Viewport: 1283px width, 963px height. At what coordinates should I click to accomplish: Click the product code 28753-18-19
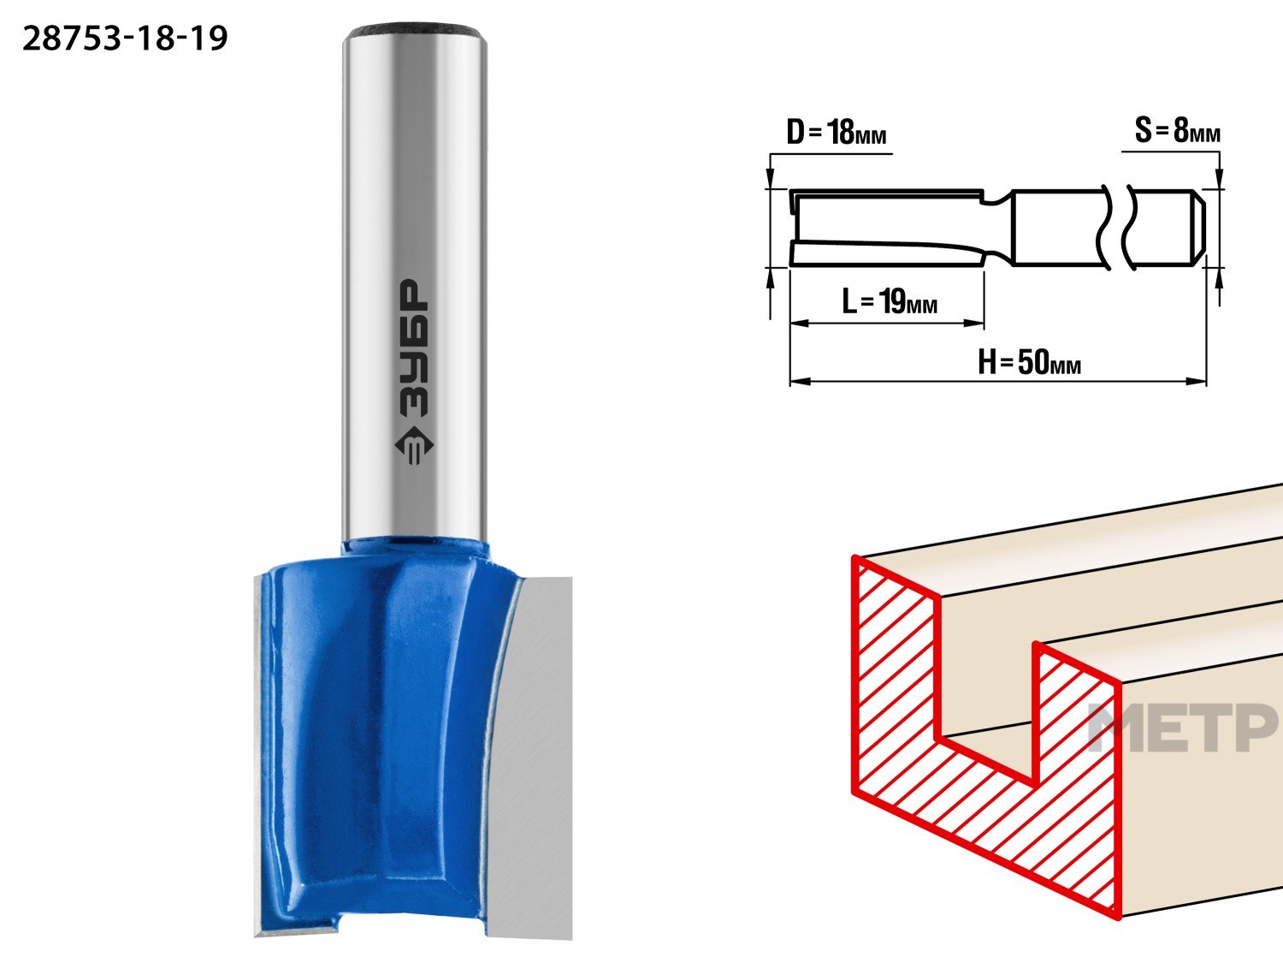pyautogui.click(x=125, y=39)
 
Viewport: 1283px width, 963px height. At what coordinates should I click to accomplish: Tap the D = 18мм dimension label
pyautogui.click(x=837, y=132)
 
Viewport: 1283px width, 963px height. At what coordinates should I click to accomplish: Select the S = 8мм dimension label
pyautogui.click(x=1177, y=130)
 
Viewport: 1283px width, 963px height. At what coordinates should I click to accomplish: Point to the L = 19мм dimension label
pyautogui.click(x=889, y=301)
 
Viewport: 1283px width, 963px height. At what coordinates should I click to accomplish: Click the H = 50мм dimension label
pyautogui.click(x=1029, y=362)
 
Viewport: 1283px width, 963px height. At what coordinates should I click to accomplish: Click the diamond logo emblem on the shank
pyautogui.click(x=414, y=447)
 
